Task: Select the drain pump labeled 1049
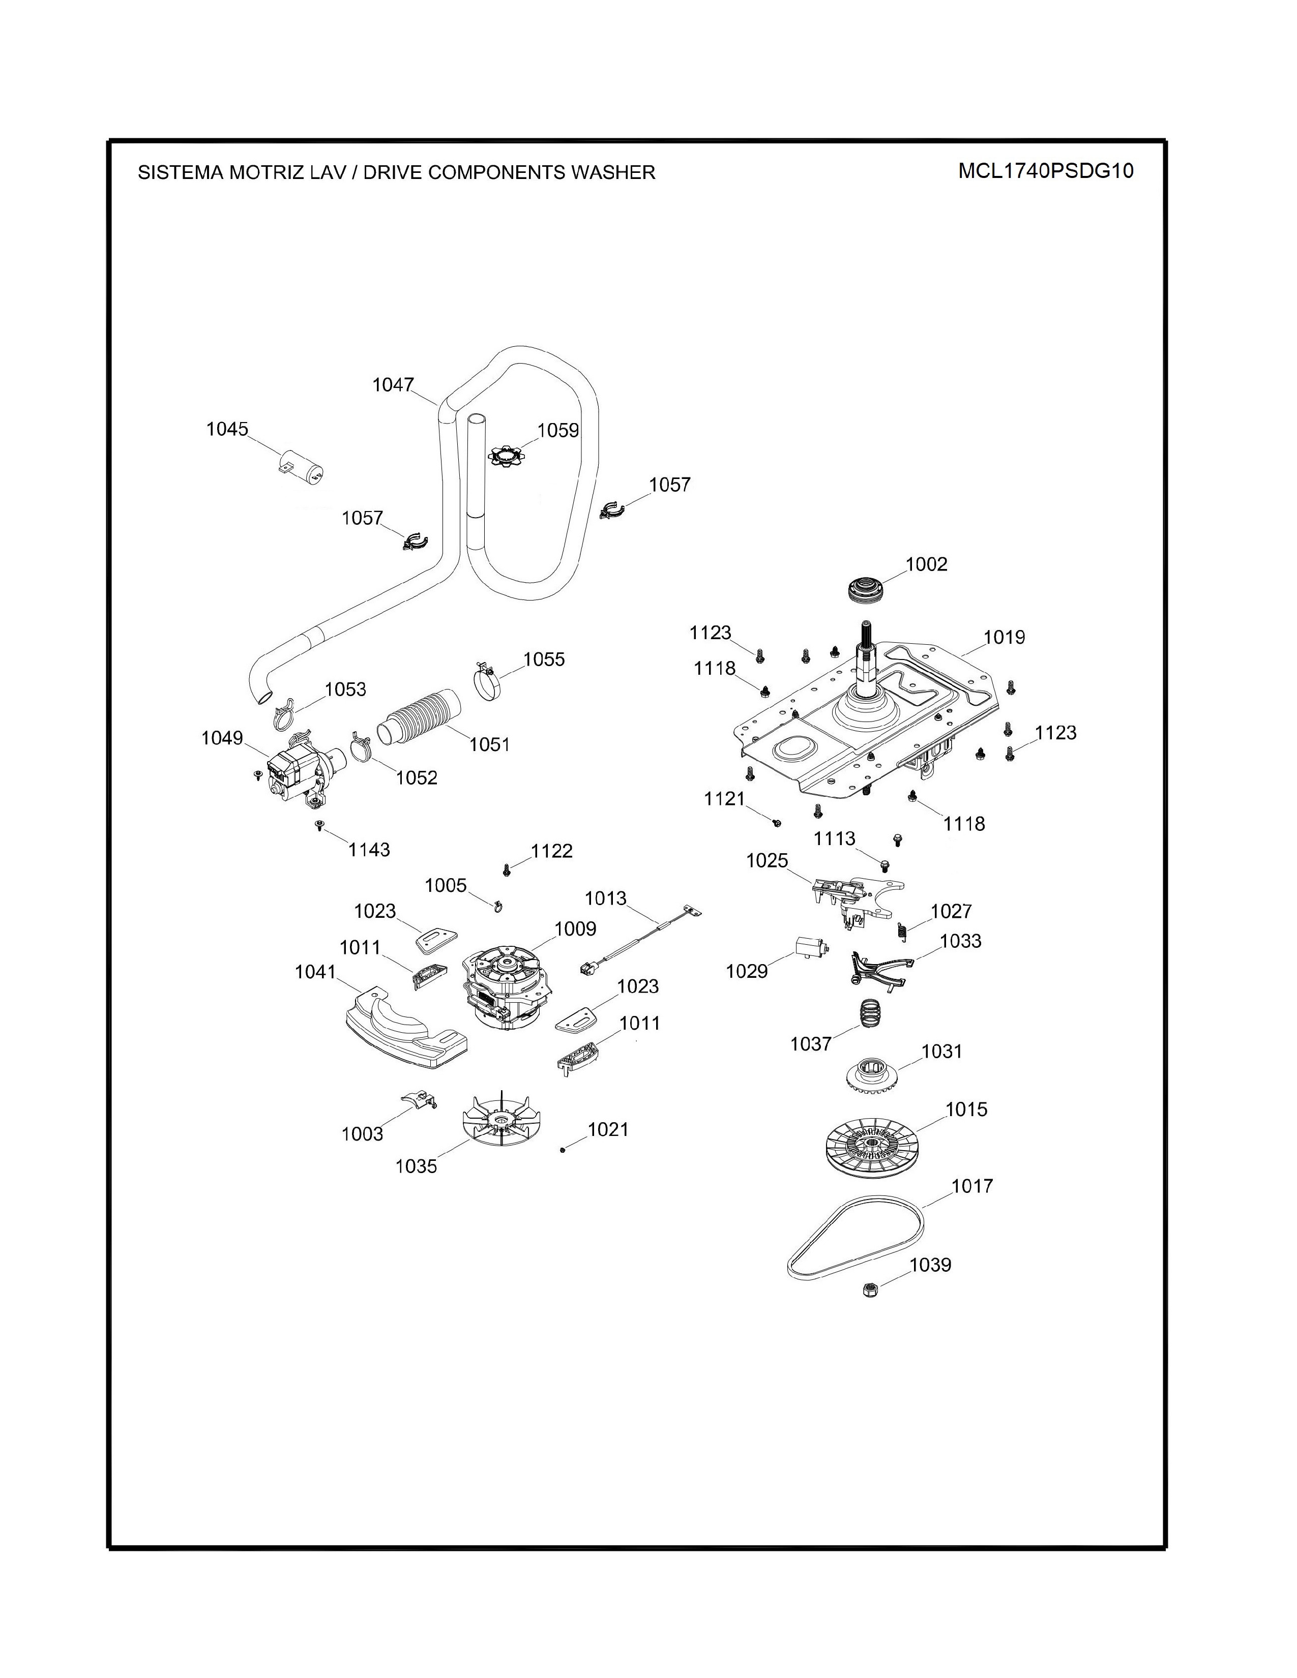click(295, 772)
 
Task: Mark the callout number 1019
click(1004, 637)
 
